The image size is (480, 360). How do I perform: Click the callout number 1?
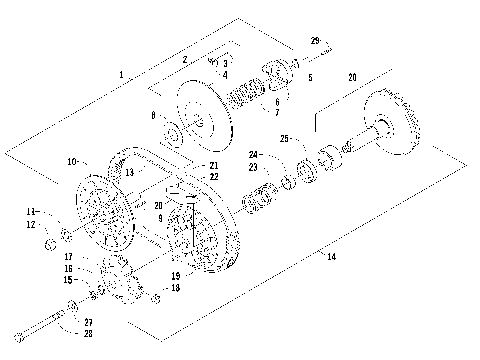(121, 75)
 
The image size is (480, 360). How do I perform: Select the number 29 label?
(316, 41)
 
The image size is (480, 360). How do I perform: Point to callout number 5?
(310, 77)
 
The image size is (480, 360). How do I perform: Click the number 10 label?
(72, 161)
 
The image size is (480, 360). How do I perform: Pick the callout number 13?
(129, 171)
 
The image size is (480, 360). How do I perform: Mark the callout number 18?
(176, 288)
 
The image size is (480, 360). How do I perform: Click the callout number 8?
(153, 117)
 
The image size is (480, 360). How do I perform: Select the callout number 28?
(88, 332)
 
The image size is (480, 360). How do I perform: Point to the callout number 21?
(214, 165)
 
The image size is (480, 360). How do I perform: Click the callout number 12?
(31, 224)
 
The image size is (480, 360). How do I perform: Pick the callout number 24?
(253, 155)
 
